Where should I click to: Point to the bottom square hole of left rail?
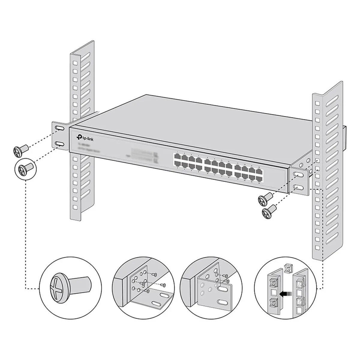(75, 207)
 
